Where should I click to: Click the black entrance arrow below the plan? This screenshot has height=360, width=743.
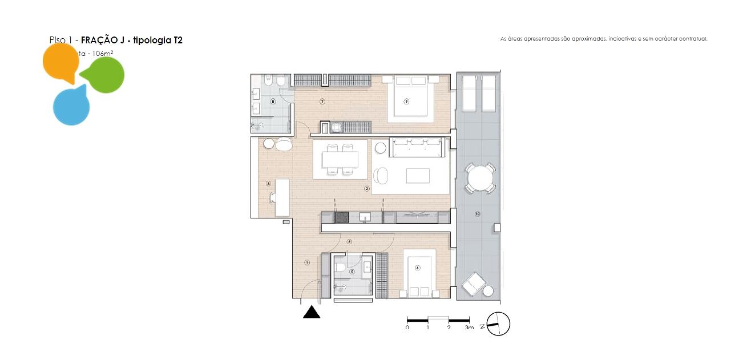tap(312, 312)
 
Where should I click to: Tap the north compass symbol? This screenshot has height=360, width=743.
tap(498, 325)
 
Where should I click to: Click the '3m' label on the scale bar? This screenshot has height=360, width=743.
tap(469, 328)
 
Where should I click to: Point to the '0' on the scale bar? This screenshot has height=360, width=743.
tap(407, 328)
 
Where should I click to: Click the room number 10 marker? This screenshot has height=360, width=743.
tap(477, 214)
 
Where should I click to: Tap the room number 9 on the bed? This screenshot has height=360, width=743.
tap(407, 101)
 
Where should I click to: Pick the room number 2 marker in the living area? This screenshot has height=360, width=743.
tap(367, 188)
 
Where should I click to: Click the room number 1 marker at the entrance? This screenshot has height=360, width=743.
tap(307, 262)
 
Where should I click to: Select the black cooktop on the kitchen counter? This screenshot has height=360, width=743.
tap(342, 217)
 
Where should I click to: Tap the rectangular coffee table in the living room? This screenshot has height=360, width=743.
tap(418, 175)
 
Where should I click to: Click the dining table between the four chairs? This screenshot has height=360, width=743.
tap(340, 159)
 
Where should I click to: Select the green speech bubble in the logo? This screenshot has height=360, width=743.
tap(104, 75)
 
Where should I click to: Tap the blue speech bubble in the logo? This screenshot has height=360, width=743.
tap(71, 106)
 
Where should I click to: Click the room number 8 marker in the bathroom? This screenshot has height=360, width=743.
tap(273, 102)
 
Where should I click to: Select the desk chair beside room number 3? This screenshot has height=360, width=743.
tap(274, 197)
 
